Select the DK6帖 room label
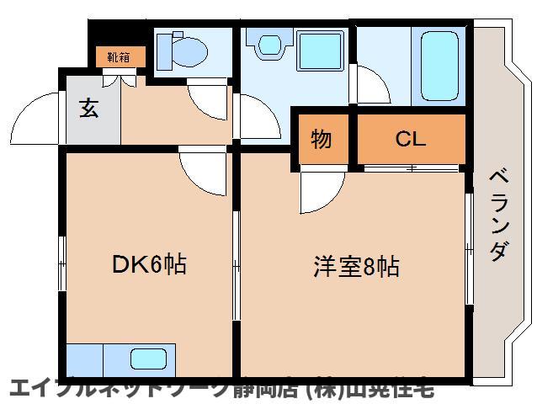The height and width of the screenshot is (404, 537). (x=149, y=266)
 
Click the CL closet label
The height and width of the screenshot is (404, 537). (x=411, y=139)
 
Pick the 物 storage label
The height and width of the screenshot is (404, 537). (x=321, y=139)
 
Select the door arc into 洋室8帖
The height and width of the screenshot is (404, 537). (x=321, y=192)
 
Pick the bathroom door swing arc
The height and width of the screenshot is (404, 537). (x=368, y=84)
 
